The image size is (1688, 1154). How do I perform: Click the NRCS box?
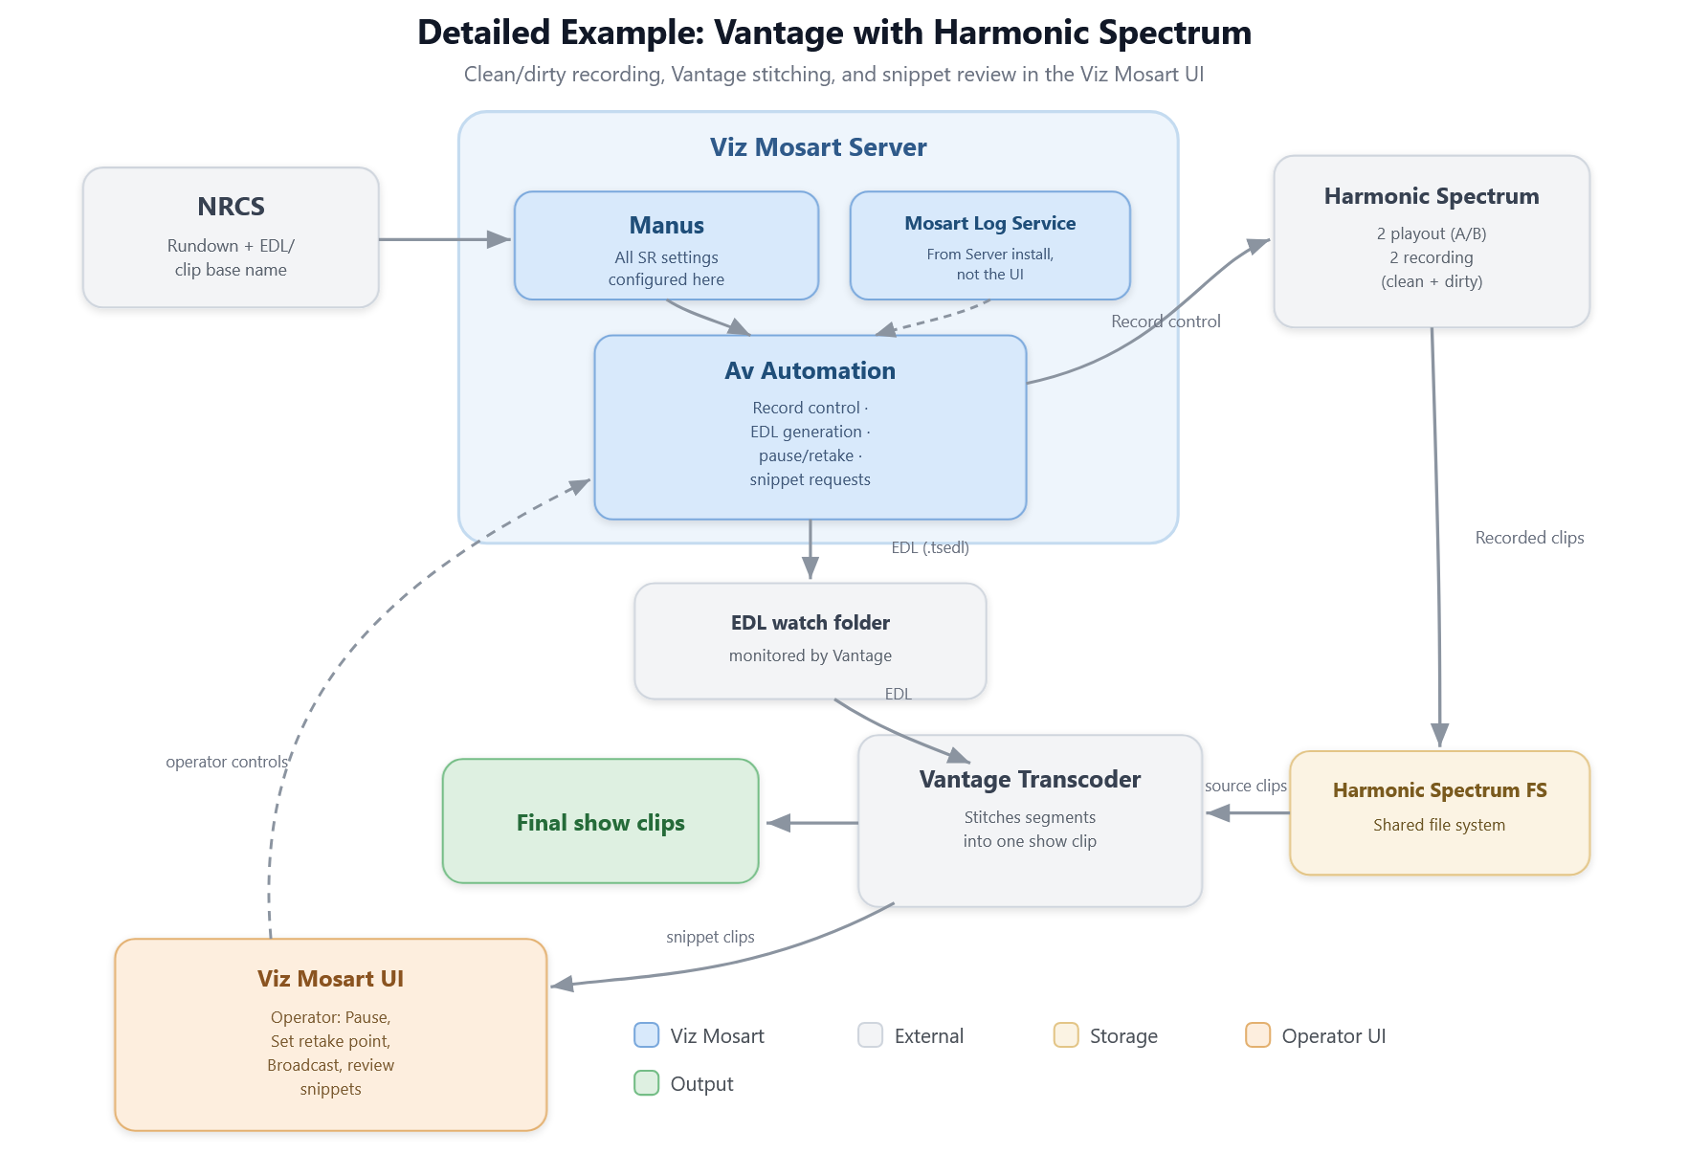[x=231, y=237]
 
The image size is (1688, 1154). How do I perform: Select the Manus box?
[x=666, y=245]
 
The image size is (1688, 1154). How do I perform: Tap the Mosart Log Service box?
[x=990, y=245]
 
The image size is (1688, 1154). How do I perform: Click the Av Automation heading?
[x=810, y=371]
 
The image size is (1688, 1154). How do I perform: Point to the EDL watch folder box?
[x=810, y=640]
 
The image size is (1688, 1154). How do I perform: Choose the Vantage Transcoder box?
[x=1030, y=820]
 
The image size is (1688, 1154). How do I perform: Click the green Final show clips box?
[x=600, y=821]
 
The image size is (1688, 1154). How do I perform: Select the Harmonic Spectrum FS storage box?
[x=1439, y=812]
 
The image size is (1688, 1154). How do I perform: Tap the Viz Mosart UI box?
[x=330, y=1034]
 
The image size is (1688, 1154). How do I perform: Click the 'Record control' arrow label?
[x=1166, y=322]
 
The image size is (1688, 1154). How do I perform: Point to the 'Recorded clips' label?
[x=1529, y=538]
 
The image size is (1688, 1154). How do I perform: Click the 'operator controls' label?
[x=227, y=762]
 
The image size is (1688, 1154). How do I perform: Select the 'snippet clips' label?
[x=710, y=937]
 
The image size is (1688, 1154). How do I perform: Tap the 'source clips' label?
[x=1245, y=786]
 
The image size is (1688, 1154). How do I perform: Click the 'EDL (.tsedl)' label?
[x=930, y=547]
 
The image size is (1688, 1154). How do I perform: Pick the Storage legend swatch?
[x=1066, y=1035]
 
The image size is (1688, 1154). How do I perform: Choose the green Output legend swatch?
[x=647, y=1083]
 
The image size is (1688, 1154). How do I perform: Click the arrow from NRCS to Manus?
[x=446, y=239]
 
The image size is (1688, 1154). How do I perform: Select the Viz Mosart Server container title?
[x=818, y=147]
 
